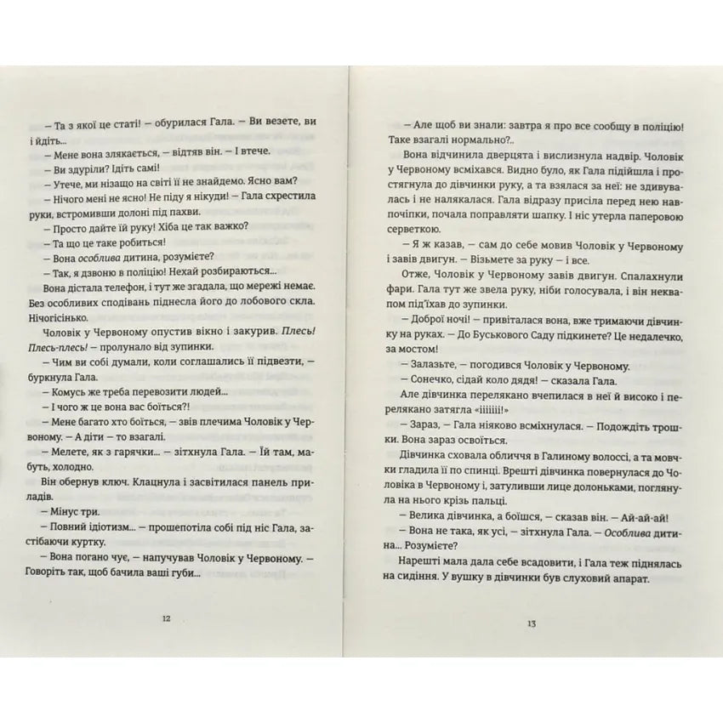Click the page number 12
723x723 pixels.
(165, 618)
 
